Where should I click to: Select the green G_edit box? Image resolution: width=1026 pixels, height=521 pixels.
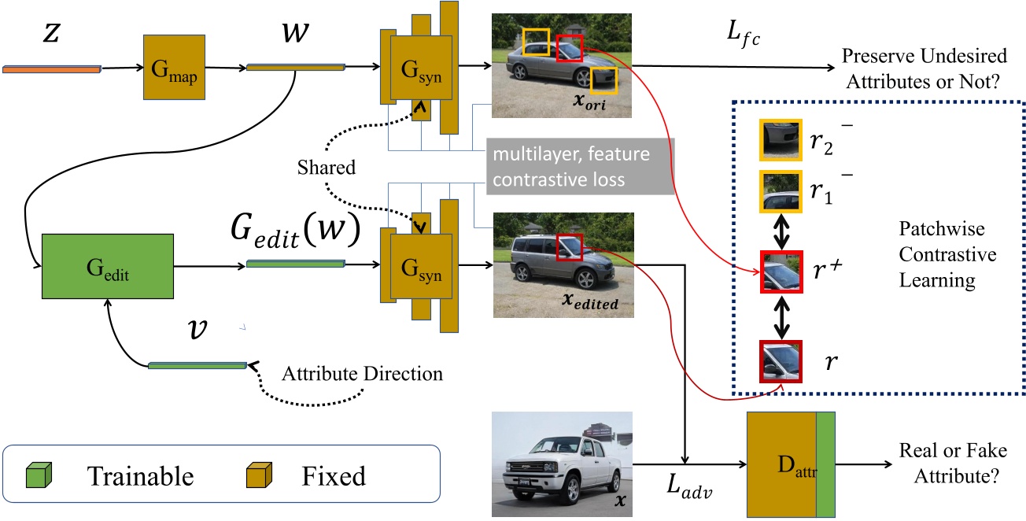pos(107,268)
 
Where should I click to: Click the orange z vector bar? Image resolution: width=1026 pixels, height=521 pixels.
pos(52,69)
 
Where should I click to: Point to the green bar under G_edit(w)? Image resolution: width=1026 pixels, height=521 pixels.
pos(296,264)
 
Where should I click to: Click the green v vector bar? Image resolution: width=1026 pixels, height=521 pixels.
pos(197,365)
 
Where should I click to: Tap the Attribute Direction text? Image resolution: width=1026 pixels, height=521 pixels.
pos(362,373)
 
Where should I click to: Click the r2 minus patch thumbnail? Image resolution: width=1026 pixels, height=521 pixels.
pos(780,139)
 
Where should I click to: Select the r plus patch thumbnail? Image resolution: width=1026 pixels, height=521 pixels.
pos(780,272)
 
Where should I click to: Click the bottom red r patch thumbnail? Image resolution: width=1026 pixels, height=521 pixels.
pos(780,360)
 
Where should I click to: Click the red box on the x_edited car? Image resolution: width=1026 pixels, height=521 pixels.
pos(569,248)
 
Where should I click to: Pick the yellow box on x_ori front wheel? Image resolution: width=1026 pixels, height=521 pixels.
pos(603,80)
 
